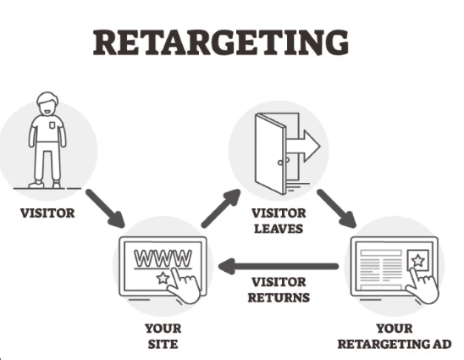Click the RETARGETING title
221,42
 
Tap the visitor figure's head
47,103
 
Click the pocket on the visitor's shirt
52,125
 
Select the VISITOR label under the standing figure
47,213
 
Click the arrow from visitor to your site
105,208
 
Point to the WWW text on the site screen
163,258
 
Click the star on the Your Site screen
163,278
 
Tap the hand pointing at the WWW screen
185,286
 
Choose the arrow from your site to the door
221,208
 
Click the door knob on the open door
280,163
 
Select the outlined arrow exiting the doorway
304,146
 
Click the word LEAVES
279,229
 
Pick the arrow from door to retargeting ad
336,208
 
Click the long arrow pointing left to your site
279,266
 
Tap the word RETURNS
279,297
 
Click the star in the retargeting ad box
417,261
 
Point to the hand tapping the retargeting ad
422,286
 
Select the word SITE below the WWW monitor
163,344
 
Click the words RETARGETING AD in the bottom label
395,344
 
